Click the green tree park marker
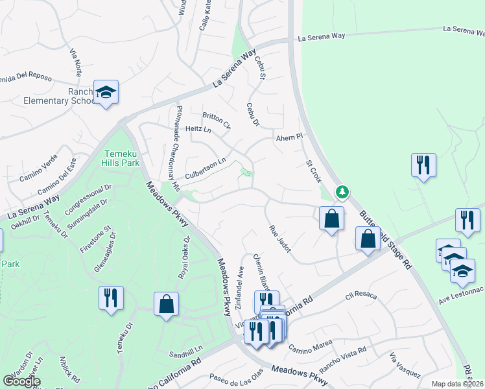pos(342,192)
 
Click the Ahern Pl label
pos(290,137)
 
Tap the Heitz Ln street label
pos(198,130)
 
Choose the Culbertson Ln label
pos(206,170)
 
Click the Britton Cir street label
pos(217,118)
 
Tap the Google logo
pos(21,381)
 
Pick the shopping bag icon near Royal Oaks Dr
pos(166,305)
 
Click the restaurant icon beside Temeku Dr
pos(111,298)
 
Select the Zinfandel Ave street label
pos(239,286)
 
